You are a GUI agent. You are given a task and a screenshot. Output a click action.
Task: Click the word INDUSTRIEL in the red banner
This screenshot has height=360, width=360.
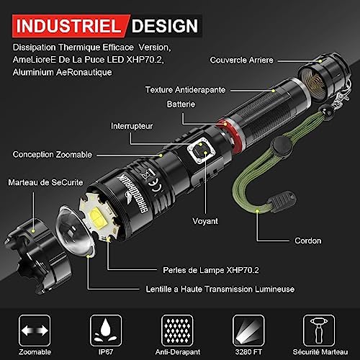68,26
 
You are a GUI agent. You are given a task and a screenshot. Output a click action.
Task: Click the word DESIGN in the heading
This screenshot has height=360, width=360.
165,26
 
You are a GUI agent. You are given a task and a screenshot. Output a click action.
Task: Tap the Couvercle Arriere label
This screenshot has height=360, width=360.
241,60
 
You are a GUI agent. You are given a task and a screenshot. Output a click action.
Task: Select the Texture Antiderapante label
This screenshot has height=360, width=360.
185,90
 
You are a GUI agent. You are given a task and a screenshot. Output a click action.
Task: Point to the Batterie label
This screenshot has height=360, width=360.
181,104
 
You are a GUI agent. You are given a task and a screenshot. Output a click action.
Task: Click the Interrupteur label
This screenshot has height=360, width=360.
132,126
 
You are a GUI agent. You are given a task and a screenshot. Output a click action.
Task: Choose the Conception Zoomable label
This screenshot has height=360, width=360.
53,155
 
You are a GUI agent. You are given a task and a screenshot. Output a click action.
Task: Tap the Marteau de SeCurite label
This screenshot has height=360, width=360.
45,182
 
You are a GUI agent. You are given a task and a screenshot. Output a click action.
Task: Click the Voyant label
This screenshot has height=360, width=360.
205,221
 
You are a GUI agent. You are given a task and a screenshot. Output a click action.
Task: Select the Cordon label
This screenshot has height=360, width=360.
308,240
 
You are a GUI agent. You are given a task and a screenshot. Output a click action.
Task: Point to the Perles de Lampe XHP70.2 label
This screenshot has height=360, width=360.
211,270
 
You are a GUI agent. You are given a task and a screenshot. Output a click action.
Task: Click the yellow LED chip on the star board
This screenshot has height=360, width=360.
97,217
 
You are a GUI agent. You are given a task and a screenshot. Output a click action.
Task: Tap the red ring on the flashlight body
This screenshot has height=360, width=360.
230,135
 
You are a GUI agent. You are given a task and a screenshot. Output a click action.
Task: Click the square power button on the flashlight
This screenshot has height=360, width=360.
201,150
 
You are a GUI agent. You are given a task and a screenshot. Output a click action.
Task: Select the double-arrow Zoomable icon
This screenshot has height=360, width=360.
35,330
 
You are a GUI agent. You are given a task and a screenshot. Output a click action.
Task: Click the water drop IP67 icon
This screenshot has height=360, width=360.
106,330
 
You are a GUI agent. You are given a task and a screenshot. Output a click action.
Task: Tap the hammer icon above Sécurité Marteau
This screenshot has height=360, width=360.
319,330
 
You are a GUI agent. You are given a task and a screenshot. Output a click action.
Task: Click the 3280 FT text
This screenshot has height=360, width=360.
248,352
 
